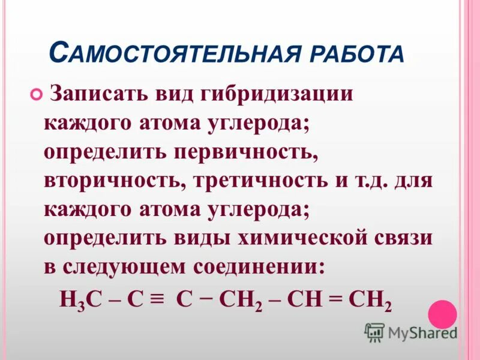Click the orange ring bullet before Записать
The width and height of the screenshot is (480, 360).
(x=35, y=94)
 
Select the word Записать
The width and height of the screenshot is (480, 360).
(x=97, y=94)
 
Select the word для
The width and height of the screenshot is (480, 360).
(x=413, y=179)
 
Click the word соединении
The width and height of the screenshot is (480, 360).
(x=267, y=265)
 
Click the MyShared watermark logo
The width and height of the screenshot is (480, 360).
(x=411, y=332)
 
